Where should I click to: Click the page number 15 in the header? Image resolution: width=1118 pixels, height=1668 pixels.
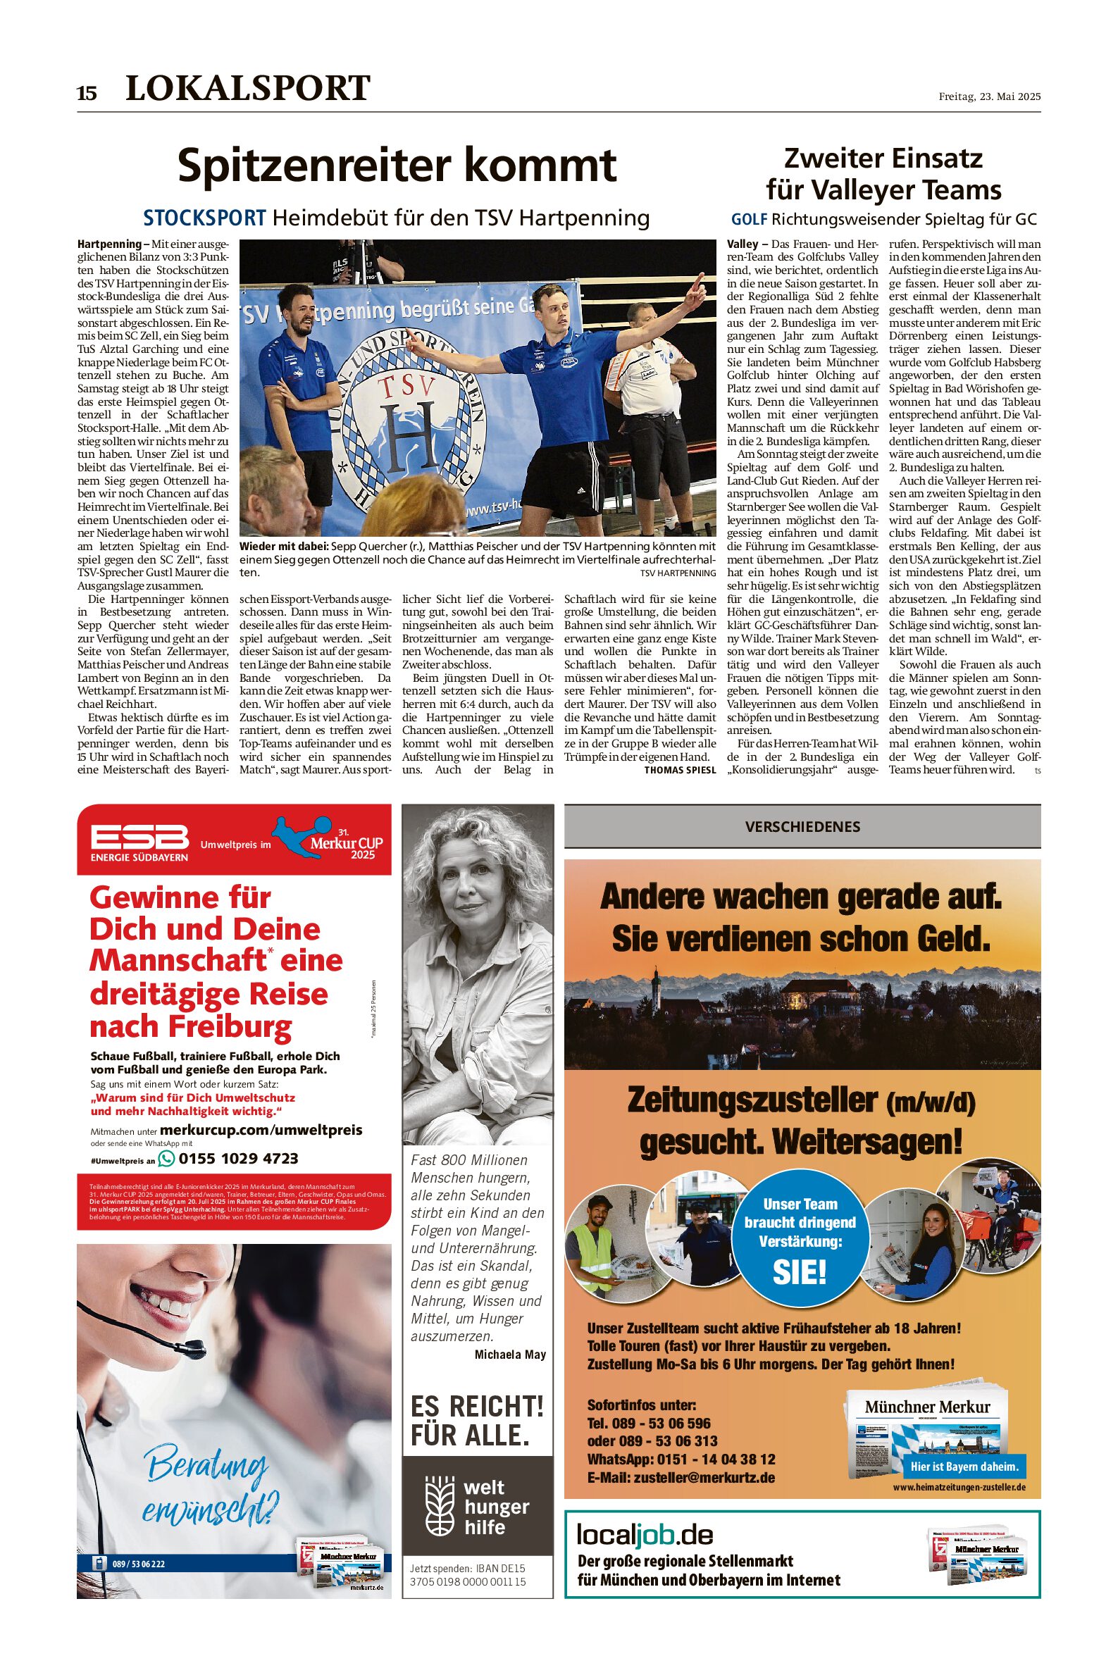[x=86, y=94]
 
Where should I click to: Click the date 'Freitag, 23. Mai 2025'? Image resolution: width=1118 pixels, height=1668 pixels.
[x=989, y=97]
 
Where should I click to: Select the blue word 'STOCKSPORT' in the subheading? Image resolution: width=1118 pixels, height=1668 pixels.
[x=204, y=218]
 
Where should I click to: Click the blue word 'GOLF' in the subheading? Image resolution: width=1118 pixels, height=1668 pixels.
[x=749, y=220]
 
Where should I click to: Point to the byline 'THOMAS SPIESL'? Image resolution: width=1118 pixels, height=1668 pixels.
[x=680, y=771]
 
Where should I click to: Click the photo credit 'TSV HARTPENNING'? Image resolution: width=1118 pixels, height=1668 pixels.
[x=678, y=573]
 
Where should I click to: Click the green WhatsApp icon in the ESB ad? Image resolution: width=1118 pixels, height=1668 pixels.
[x=166, y=1158]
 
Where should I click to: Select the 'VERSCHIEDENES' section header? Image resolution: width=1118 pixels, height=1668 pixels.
[x=802, y=827]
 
